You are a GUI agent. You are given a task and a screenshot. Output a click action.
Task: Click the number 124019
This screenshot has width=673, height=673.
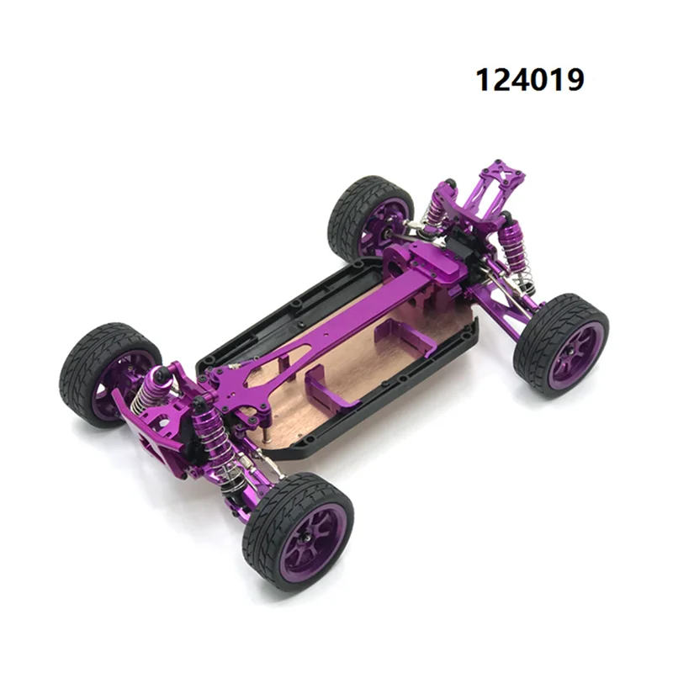click(530, 80)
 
